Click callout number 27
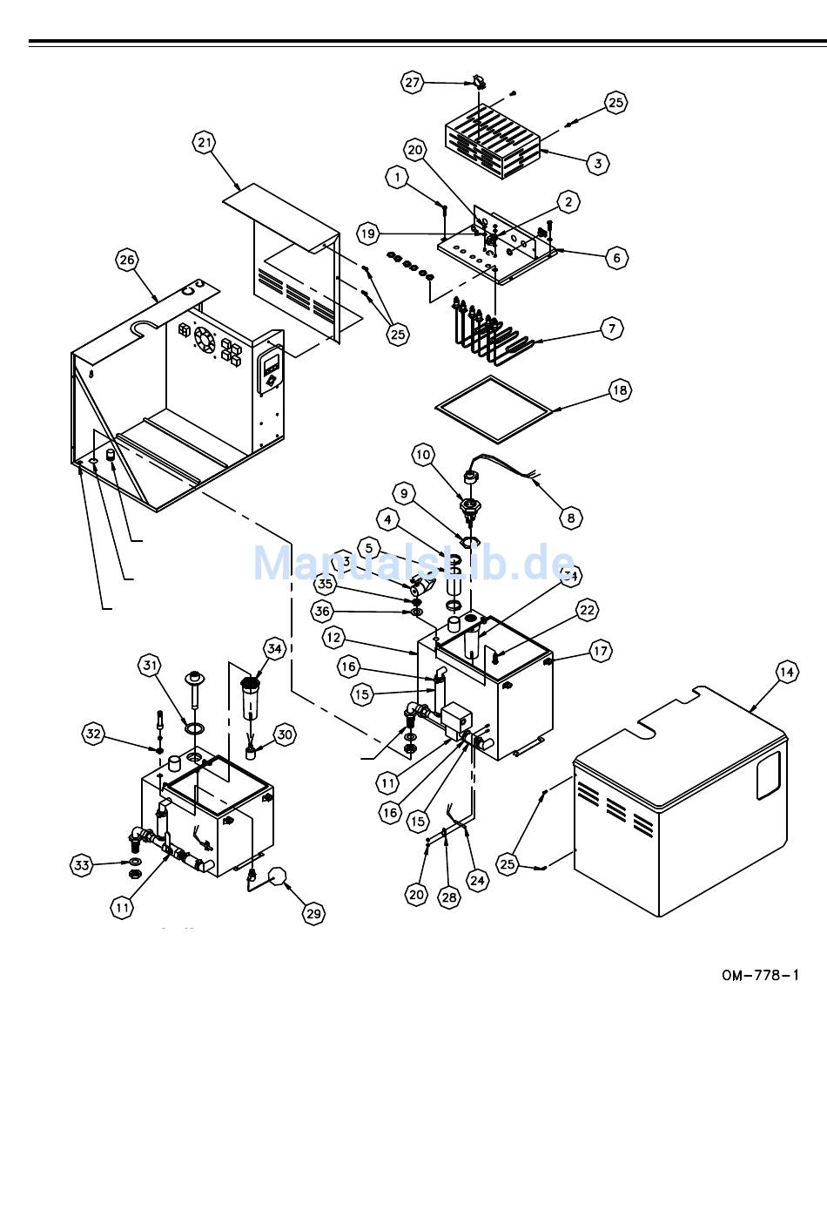pos(412,83)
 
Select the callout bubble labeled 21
pos(205,143)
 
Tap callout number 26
pos(127,260)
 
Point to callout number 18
pos(620,390)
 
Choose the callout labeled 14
pos(786,672)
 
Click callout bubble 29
pos(313,913)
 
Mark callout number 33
pos(82,865)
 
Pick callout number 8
pos(571,518)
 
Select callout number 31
pos(151,666)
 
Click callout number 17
pos(601,651)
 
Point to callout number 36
pos(323,612)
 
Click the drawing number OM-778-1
pos(760,975)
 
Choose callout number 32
pos(94,734)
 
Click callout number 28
pos(448,898)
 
